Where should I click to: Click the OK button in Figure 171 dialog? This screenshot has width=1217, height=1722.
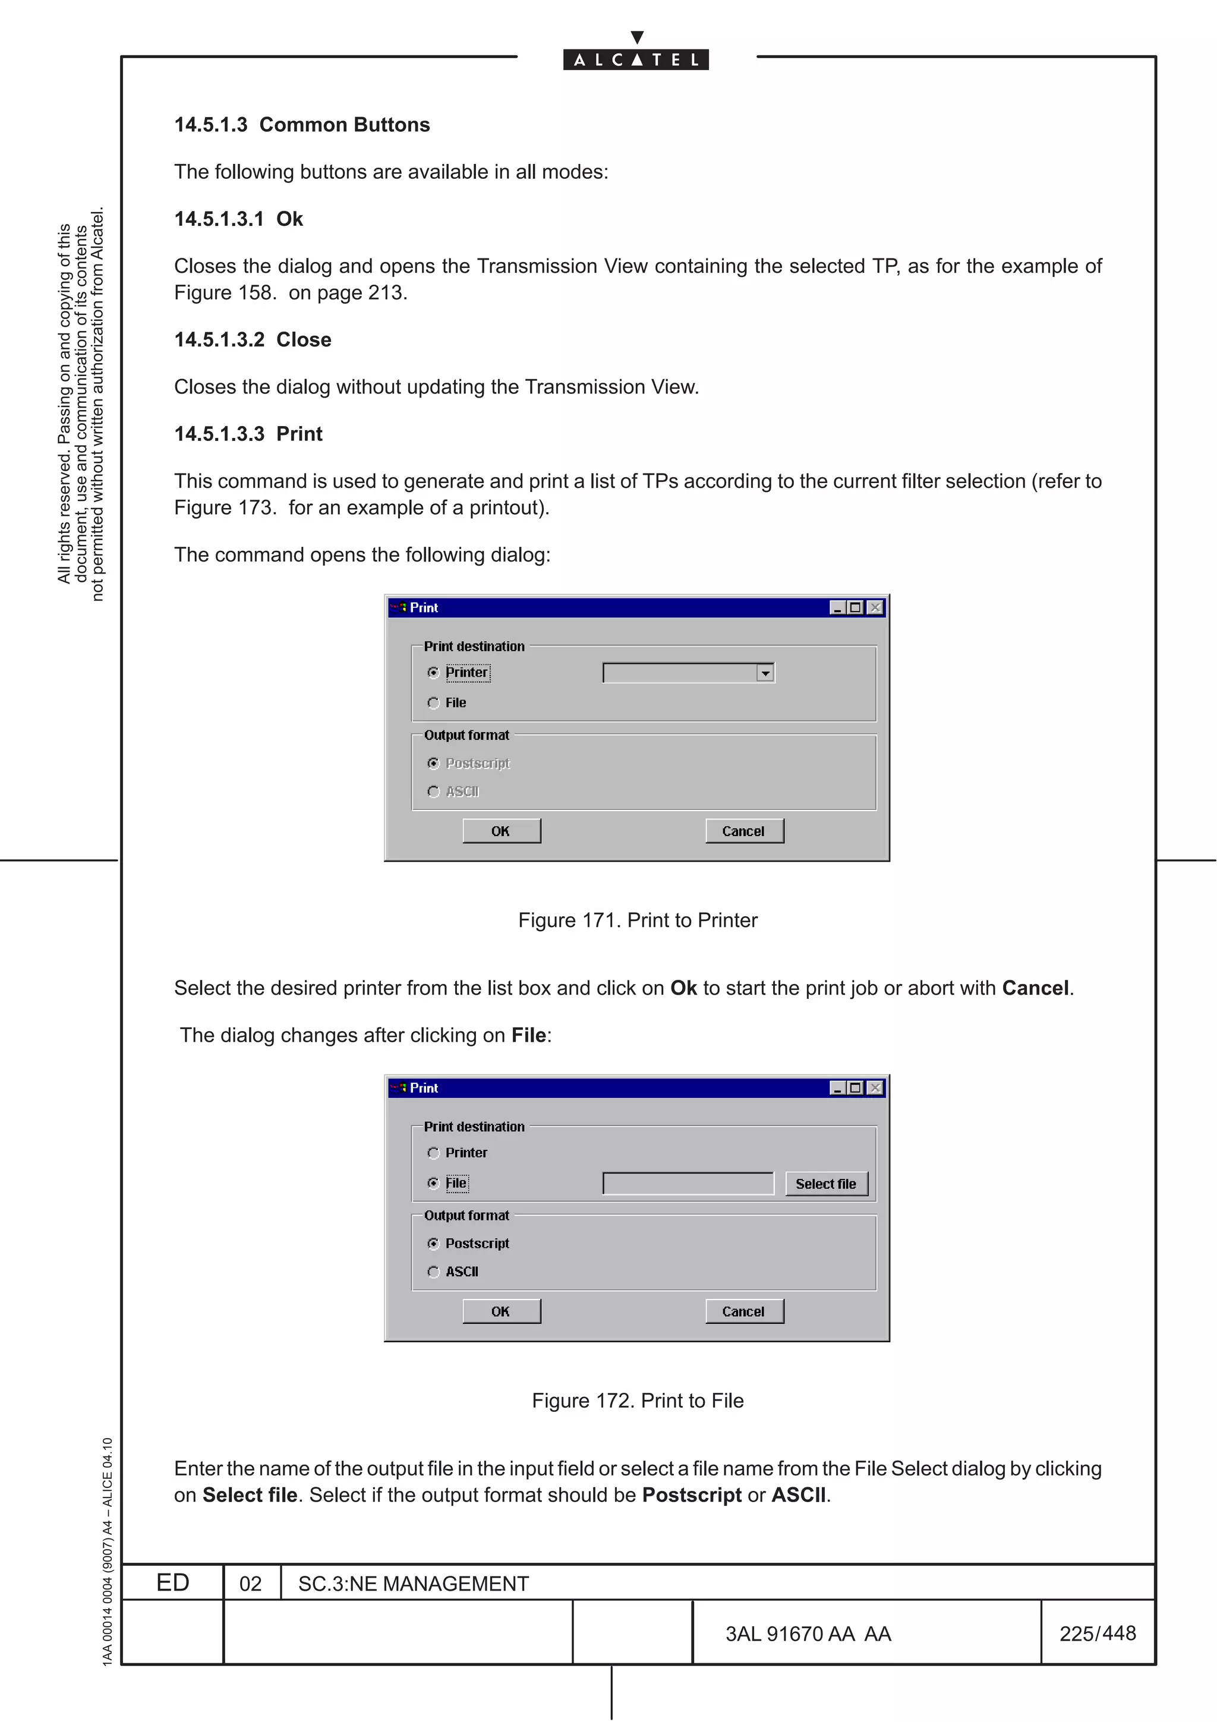click(501, 831)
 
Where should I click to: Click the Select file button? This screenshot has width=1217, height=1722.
click(825, 1184)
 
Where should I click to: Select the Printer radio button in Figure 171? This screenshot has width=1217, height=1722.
click(433, 673)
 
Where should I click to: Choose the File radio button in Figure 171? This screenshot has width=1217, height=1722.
click(433, 703)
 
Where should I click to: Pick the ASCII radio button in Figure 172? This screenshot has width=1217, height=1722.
click(433, 1271)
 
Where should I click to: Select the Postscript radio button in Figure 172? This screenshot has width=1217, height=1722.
click(433, 1244)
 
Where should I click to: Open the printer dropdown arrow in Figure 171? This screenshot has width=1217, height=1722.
click(765, 673)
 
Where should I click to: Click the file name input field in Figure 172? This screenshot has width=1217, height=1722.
click(688, 1184)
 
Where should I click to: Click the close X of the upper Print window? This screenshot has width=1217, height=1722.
click(874, 607)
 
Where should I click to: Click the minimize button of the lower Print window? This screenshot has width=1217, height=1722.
click(837, 1087)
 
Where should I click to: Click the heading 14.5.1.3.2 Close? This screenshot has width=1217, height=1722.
click(253, 340)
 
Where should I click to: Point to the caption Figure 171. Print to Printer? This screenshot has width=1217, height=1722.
click(638, 920)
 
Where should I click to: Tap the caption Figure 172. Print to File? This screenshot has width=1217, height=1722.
click(638, 1401)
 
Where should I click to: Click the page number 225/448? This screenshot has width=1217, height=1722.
click(1097, 1633)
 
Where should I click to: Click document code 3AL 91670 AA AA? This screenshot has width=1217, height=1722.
click(808, 1633)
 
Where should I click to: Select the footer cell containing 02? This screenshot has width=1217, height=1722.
click(250, 1583)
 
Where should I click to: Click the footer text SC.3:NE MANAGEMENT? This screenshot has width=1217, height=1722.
click(413, 1583)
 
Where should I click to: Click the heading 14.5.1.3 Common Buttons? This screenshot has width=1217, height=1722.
click(302, 125)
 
